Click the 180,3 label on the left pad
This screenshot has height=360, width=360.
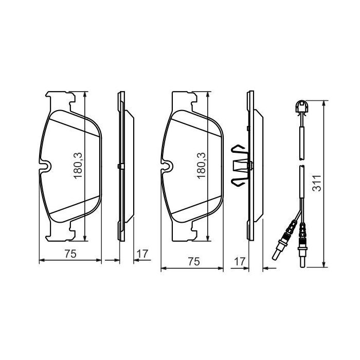[x=78, y=165]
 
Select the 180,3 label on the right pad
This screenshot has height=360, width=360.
[x=202, y=165]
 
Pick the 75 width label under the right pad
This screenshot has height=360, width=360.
[x=193, y=261]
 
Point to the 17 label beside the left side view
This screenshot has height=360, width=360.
[x=143, y=253]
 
